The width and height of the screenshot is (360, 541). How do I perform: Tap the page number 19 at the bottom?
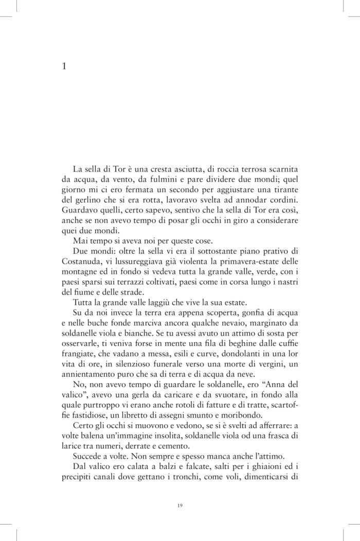click(x=179, y=506)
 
